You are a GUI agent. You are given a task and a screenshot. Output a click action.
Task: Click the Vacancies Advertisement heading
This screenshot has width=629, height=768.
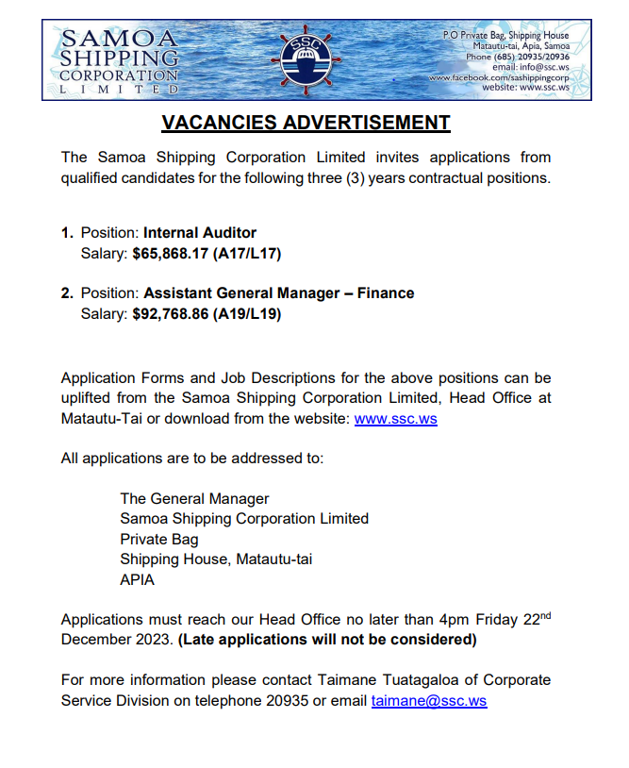click(306, 123)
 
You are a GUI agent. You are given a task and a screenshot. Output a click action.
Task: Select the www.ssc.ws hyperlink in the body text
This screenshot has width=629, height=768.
click(395, 418)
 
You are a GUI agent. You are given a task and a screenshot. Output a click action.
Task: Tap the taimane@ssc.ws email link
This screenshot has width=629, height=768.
click(429, 701)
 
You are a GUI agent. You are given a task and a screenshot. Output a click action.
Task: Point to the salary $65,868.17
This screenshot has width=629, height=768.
click(171, 253)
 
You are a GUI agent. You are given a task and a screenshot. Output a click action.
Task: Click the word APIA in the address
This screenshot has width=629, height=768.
click(138, 580)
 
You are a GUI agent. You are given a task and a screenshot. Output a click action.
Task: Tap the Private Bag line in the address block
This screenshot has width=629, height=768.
click(159, 539)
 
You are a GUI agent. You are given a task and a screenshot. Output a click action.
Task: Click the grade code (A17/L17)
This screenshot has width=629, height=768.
click(247, 253)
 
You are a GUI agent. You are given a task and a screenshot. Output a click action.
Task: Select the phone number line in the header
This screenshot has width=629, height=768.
click(520, 56)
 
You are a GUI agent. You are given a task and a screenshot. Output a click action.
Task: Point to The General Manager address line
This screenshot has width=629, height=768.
click(194, 498)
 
